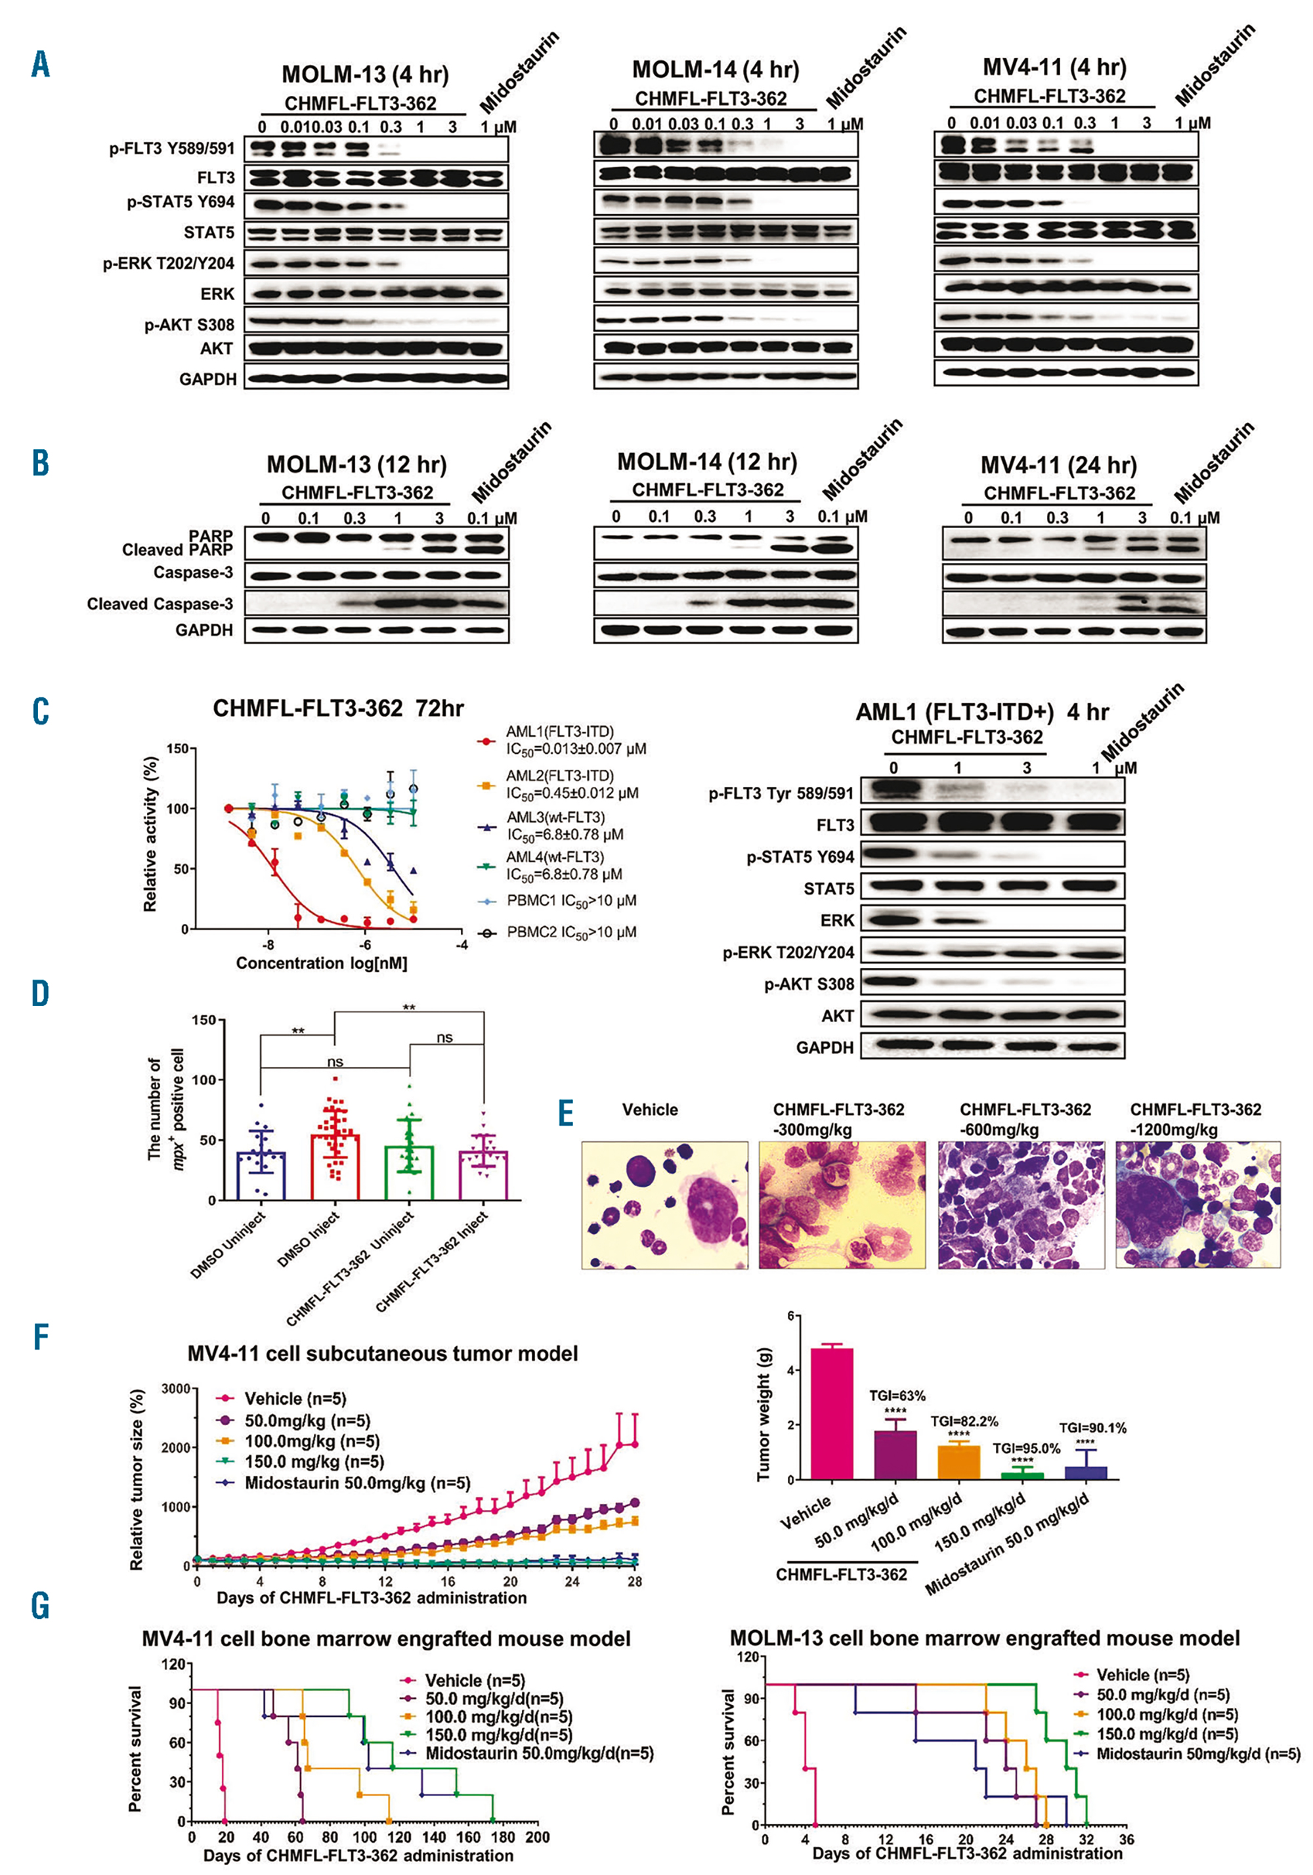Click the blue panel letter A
(x=41, y=64)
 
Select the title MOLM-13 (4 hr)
(x=365, y=74)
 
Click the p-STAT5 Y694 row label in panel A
(x=181, y=202)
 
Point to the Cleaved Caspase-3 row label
(x=160, y=604)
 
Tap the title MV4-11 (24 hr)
(x=1058, y=466)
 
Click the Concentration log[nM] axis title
(x=322, y=963)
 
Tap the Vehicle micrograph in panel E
(x=664, y=1204)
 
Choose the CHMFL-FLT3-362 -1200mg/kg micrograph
(x=1198, y=1204)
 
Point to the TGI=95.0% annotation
(x=1026, y=1449)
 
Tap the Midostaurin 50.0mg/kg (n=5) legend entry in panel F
(x=358, y=1482)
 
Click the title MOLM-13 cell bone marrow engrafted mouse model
(x=985, y=1637)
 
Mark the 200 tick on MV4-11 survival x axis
(x=537, y=1837)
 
